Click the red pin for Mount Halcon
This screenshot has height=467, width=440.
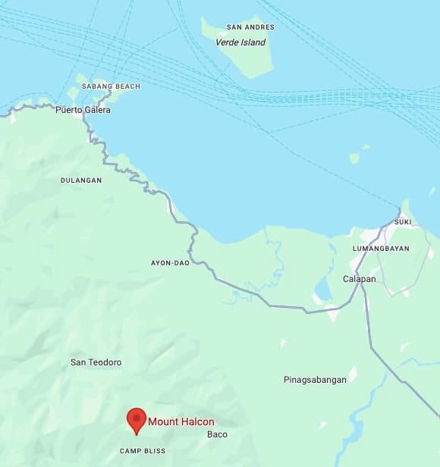point(137,419)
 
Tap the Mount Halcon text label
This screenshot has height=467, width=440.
point(181,422)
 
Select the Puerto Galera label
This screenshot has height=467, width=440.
point(83,110)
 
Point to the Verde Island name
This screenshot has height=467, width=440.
point(241,42)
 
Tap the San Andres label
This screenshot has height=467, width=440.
point(250,27)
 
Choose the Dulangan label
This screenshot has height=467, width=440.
point(81,180)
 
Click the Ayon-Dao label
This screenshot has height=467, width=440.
point(170,263)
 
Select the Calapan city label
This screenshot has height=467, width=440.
point(360,279)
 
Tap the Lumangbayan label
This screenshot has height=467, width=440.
point(381,249)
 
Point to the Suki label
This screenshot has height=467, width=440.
point(403,221)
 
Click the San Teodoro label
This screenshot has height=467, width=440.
point(96,362)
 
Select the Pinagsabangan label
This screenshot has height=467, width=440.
point(315,379)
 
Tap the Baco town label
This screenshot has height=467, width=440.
point(217,434)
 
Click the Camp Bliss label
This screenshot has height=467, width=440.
point(143,451)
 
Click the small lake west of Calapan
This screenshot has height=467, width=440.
point(322,289)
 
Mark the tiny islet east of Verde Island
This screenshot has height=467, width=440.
point(354,158)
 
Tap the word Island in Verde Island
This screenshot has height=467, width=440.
point(253,42)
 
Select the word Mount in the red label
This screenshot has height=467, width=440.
point(162,422)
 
